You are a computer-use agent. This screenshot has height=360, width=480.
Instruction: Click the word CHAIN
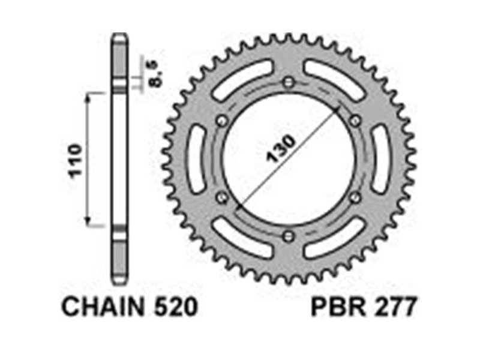(103, 307)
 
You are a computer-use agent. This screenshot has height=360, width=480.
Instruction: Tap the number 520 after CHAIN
(176, 307)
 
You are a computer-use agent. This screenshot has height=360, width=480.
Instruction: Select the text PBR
(338, 307)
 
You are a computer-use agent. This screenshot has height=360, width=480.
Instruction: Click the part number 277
(395, 307)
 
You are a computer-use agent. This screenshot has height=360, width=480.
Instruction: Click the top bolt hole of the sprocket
(289, 82)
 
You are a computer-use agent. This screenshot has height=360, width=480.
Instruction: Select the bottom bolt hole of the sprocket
(289, 236)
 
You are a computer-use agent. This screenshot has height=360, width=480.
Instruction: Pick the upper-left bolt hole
(222, 121)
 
